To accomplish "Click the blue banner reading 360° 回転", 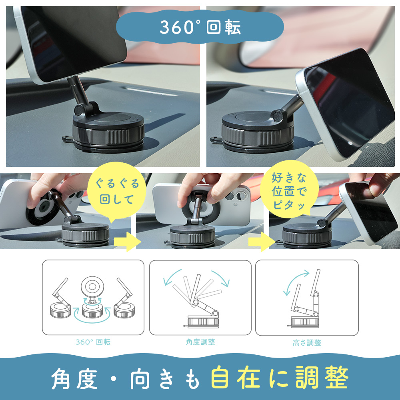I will click(200, 27).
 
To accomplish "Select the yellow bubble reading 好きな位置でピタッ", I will click(289, 191).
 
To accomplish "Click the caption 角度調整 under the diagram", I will click(200, 342).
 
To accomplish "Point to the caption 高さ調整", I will click(307, 342).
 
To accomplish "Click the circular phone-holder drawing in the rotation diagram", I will click(93, 288).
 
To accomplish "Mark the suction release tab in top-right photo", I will click(216, 140).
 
